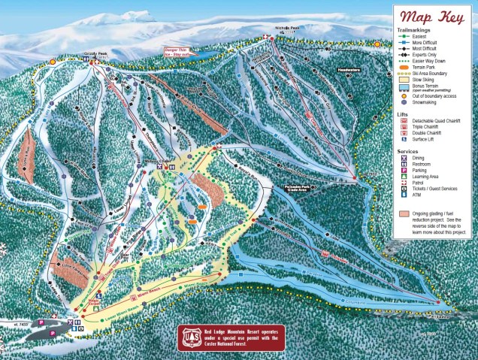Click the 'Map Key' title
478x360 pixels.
[x=434, y=17]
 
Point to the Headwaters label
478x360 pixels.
[x=349, y=70]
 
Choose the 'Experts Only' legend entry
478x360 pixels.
[x=425, y=54]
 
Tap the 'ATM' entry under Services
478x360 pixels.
[x=419, y=195]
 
